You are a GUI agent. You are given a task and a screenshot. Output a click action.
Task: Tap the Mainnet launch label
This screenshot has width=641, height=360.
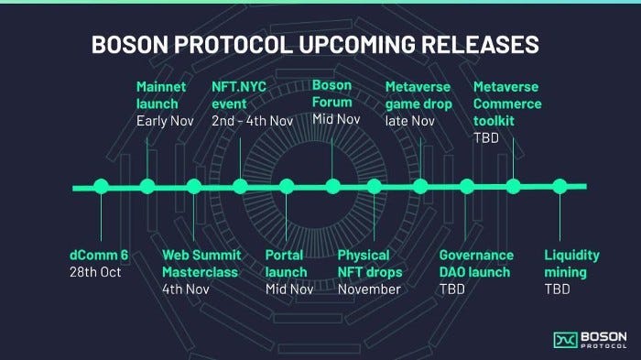click(x=162, y=94)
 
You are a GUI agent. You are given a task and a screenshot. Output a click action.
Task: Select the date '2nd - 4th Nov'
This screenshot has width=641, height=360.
click(x=252, y=120)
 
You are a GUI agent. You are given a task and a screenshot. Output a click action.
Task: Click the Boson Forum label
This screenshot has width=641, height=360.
click(x=331, y=94)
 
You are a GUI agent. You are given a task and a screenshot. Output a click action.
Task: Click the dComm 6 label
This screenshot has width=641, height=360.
click(x=99, y=255)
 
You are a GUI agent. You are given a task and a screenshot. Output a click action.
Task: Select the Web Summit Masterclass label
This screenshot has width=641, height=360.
click(x=200, y=263)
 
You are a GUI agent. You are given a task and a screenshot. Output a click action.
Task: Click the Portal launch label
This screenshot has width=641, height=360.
click(x=286, y=263)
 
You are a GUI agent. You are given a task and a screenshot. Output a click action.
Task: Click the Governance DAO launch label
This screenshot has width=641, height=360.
click(x=476, y=263)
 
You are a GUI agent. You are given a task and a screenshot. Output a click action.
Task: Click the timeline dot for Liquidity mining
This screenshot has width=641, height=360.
click(x=560, y=186)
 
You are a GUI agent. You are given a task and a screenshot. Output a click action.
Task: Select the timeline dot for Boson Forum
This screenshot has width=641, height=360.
click(x=332, y=187)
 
